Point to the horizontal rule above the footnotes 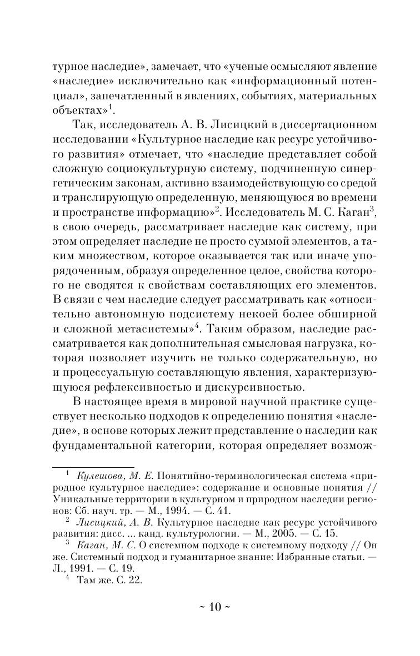(93, 467)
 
